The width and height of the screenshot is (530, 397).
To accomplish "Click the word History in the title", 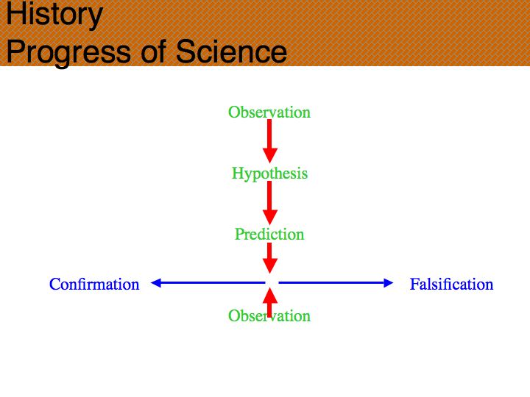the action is (54, 15).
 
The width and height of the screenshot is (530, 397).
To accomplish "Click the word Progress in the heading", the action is (68, 52).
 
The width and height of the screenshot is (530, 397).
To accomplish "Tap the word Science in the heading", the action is (232, 51).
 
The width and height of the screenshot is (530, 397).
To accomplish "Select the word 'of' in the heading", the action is (154, 51).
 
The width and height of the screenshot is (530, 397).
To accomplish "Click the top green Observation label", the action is (269, 112).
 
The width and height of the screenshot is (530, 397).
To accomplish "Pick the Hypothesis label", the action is (269, 174).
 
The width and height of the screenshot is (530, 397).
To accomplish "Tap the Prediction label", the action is (269, 235).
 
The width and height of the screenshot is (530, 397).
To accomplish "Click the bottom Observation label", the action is (269, 316).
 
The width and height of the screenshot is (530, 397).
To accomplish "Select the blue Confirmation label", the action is (94, 285).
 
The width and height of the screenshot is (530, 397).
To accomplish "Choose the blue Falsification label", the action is (451, 285).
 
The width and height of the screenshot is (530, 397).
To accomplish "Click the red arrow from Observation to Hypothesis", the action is (269, 141).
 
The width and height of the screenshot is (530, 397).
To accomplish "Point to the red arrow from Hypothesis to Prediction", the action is (269, 203).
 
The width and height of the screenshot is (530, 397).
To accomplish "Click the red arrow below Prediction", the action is (269, 258).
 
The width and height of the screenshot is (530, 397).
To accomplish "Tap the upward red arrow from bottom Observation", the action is (269, 302).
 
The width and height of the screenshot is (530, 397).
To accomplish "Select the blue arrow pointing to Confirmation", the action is (208, 282).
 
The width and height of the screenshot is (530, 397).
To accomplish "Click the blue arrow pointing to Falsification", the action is (336, 282).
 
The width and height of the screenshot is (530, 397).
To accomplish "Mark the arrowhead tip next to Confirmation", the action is (151, 282).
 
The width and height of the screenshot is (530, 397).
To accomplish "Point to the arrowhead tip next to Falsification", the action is (393, 282).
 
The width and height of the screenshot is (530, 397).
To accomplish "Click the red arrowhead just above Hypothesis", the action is (269, 156).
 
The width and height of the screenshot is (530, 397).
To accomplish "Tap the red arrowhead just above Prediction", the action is (269, 218).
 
